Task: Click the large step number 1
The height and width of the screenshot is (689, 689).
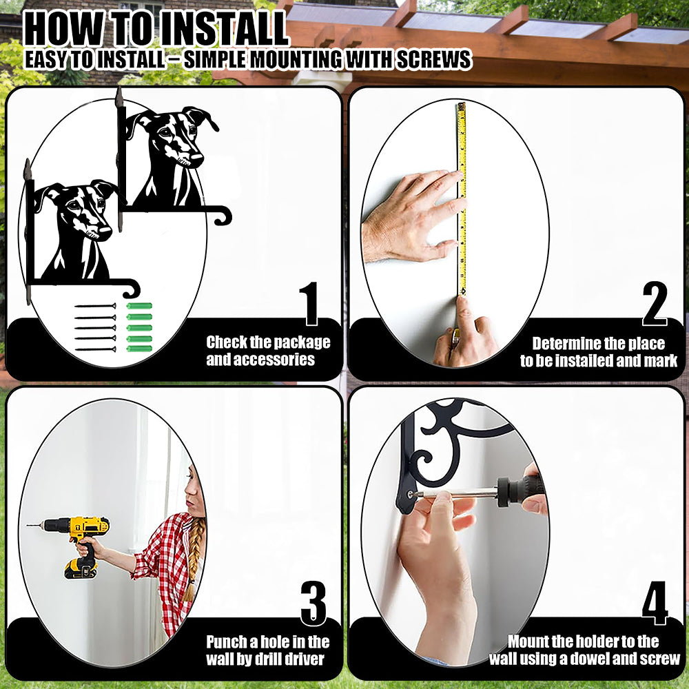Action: (311, 304)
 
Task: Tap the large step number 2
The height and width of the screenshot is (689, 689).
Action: (655, 304)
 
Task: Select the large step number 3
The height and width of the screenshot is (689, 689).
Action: (313, 603)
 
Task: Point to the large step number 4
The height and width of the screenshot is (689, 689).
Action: (655, 603)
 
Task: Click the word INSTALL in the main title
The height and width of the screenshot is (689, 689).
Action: (223, 29)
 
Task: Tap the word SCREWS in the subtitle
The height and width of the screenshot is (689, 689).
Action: (433, 59)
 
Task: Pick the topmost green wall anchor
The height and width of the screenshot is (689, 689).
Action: (139, 306)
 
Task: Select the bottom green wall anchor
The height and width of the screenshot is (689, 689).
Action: (139, 349)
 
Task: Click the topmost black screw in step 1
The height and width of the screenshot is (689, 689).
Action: (95, 306)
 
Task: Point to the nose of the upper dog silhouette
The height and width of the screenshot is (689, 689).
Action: (196, 157)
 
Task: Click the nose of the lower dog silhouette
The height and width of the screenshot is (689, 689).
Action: (105, 231)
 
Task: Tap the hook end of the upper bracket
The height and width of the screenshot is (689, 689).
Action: (223, 216)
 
